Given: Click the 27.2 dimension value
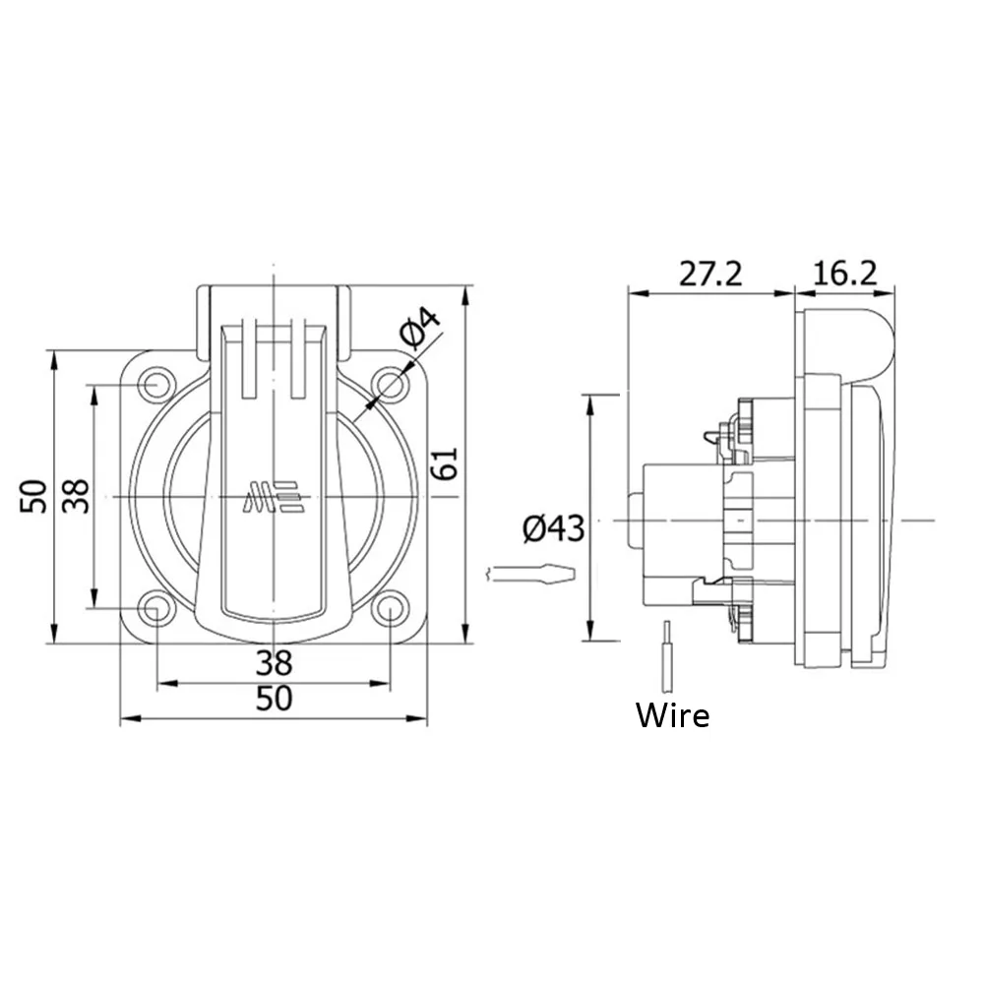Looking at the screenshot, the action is point(710,275).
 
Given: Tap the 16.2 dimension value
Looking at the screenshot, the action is point(844,275).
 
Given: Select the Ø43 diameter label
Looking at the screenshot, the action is point(553,528).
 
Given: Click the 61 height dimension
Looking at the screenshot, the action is point(445,463).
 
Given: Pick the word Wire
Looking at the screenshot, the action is point(673,715).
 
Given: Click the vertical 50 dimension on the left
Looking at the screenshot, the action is point(33,496).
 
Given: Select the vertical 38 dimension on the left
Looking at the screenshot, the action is point(76,496).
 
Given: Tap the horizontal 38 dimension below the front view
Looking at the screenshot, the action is point(275,662).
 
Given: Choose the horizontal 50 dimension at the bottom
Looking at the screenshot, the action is point(275,699).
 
